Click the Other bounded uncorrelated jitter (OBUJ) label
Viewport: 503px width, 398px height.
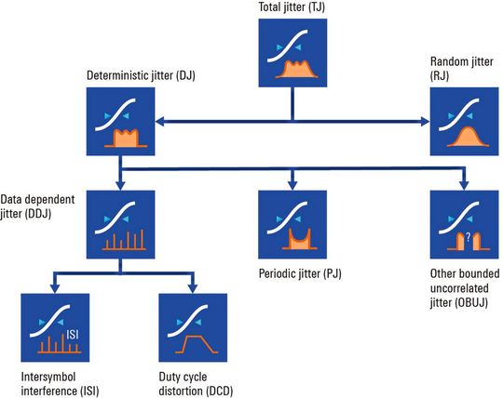pyautogui.click(x=462, y=287)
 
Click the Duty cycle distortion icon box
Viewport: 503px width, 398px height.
pyautogui.click(x=191, y=326)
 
